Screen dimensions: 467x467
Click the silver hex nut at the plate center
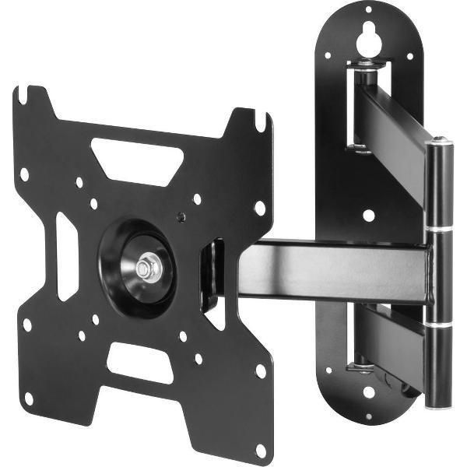148,267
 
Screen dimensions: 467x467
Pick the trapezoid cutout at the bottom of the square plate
139,362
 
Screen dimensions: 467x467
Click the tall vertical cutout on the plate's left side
67,255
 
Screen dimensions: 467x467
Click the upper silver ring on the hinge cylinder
441,229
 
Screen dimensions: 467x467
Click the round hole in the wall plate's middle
369,214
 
